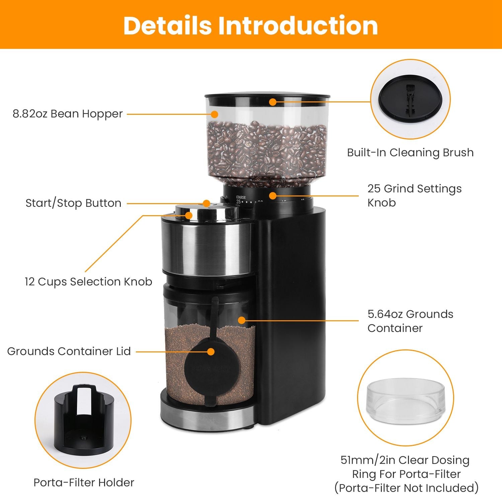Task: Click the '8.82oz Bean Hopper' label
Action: point(68,114)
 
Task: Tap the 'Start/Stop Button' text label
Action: point(73,203)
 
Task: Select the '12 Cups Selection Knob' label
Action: point(88,281)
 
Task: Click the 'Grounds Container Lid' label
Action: point(69,351)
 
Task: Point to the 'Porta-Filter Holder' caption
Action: point(84,482)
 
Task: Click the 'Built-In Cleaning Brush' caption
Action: point(410,153)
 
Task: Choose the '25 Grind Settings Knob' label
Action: point(414,195)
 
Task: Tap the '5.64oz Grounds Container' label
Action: point(410,321)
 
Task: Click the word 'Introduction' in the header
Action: point(298,25)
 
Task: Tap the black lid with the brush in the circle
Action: point(410,99)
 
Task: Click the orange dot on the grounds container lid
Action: point(211,352)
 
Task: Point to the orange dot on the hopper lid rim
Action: point(273,102)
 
